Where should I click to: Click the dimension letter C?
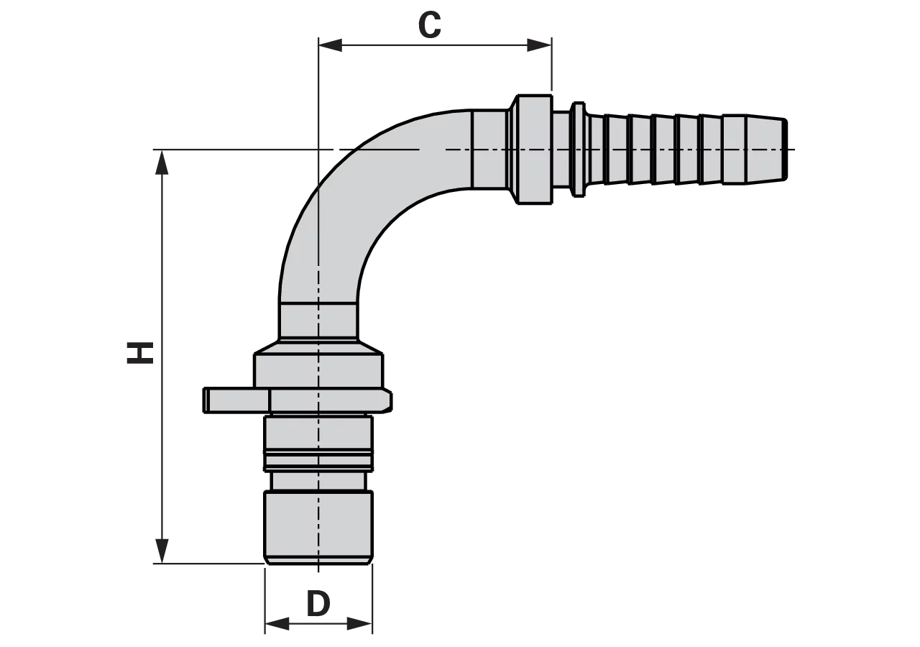point(430,25)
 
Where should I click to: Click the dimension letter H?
point(139,352)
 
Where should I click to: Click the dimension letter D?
point(318,604)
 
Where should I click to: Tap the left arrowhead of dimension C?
point(331,45)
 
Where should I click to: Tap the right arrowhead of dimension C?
point(539,45)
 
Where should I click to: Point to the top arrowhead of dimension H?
point(162,162)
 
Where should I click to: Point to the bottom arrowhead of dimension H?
point(162,551)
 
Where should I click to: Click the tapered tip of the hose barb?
point(766,149)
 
